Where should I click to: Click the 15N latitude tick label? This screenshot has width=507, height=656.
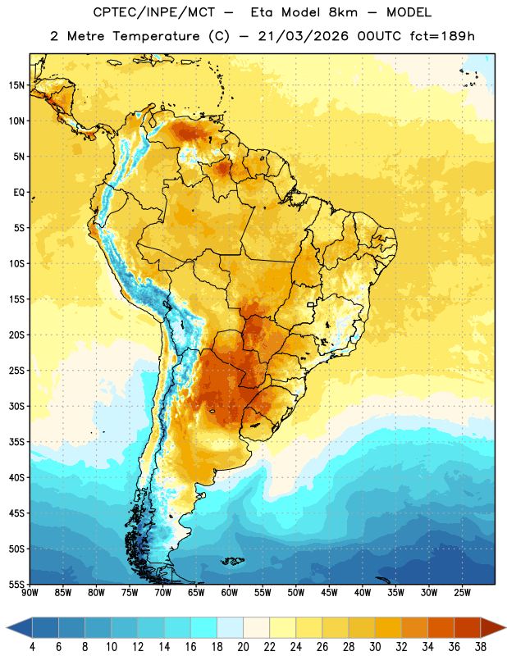[x=16, y=85]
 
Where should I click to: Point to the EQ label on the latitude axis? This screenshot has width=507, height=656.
[x=19, y=193]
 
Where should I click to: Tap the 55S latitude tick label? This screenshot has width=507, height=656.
[x=16, y=584]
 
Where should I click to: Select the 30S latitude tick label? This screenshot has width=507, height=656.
[x=16, y=406]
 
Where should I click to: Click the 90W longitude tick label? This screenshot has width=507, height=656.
[x=30, y=592]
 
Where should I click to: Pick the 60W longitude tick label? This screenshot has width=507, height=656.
[x=230, y=592]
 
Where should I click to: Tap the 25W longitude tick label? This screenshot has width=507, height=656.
[x=462, y=592]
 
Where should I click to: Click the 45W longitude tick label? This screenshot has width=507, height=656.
[x=329, y=592]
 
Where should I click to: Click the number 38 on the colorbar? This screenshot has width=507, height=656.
[x=481, y=647]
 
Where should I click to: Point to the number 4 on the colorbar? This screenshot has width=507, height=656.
[x=32, y=647]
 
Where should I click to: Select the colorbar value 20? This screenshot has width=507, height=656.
[x=243, y=647]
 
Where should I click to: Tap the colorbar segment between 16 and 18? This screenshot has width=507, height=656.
[x=203, y=628]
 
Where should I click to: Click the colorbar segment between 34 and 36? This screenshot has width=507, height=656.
[x=441, y=628]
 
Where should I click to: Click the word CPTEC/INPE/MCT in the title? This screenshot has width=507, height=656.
[x=153, y=12]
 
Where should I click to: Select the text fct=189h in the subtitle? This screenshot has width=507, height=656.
[x=442, y=36]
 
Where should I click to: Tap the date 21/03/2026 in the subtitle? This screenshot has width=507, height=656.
[x=303, y=36]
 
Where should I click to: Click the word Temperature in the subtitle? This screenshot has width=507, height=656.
[x=156, y=36]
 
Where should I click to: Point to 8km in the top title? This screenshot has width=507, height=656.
[x=343, y=12]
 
